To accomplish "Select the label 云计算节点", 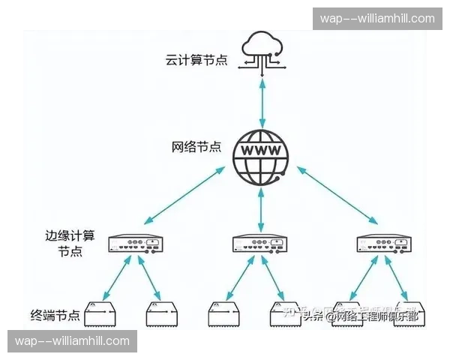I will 196,59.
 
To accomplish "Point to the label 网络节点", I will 196,146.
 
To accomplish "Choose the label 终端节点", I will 55,313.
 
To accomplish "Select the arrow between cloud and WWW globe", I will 261,102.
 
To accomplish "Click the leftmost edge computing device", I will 135,243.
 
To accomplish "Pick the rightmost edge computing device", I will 383,243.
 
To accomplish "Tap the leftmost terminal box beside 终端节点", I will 103,315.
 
